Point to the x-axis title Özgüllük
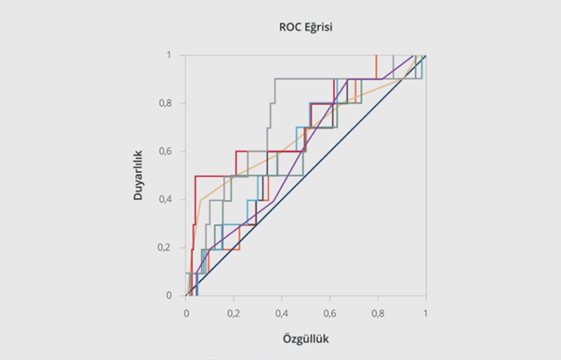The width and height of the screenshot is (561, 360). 306,340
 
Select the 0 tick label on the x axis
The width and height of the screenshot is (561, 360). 186,312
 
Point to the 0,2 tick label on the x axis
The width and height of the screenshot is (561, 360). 234,312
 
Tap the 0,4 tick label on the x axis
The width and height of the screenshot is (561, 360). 282,312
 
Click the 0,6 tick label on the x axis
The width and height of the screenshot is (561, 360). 329,312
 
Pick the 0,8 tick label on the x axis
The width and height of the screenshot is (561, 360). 378,312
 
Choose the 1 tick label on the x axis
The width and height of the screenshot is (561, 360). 425,312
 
